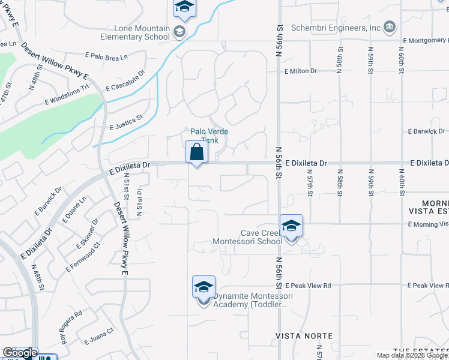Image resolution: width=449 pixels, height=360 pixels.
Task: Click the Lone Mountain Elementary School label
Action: (140, 32)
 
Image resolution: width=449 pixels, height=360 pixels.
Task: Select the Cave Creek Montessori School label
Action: (247, 237)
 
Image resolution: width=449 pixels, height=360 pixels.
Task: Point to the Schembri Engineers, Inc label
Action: (336, 28)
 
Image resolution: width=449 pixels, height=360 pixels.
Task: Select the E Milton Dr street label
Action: (301, 71)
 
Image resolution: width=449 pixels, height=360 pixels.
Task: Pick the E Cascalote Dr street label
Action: (125, 81)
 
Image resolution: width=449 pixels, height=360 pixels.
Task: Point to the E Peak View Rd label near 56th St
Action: (309, 286)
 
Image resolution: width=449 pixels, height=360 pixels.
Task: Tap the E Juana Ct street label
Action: (99, 332)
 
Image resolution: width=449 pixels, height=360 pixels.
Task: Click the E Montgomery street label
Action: (426, 40)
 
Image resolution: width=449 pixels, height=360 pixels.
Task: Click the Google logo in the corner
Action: (20, 353)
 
